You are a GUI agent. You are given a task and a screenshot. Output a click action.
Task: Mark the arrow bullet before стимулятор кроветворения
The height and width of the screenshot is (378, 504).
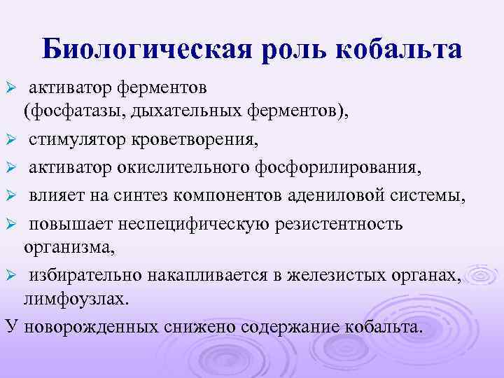tap(10, 140)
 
